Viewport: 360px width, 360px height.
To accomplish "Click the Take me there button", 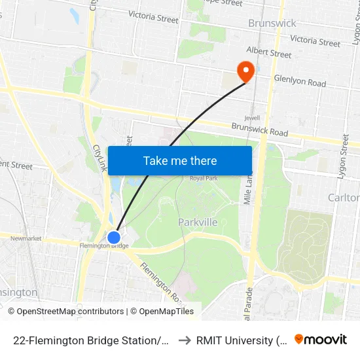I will coord(180,160).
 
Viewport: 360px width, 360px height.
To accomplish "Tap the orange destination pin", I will coord(245,71).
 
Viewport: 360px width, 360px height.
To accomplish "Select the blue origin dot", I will coord(114,237).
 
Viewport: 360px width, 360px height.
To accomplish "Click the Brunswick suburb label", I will coord(272,24).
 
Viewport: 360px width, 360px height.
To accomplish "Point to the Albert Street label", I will coord(268,52).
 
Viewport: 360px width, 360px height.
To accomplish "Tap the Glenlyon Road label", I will coord(300,83).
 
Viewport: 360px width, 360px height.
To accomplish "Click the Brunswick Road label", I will coord(260,129).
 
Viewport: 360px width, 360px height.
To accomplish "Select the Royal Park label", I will coord(203,178).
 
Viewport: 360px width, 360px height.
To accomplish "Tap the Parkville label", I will coord(198,223).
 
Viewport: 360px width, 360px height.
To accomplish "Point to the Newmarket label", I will coord(26,238).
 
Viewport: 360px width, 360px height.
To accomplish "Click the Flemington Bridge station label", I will coord(103,246).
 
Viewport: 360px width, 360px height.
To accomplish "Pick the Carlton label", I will coord(344,198).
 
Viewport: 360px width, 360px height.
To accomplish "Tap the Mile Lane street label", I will coord(248,190).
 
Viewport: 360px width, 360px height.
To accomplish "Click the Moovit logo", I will coord(321,339).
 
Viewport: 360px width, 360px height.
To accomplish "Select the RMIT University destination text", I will coord(242,340).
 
